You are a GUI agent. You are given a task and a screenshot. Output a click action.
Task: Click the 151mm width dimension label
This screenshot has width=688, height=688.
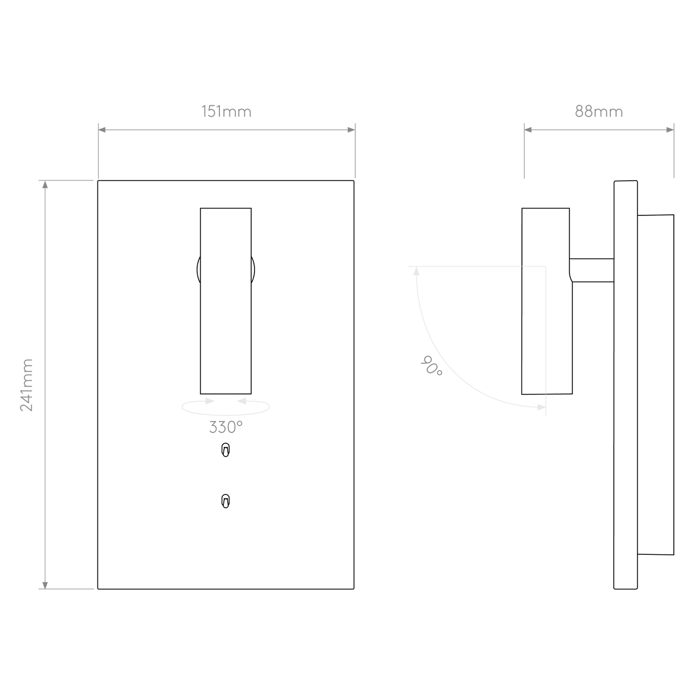click(x=226, y=112)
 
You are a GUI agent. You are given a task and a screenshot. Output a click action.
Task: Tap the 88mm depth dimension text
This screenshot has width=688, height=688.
click(x=599, y=112)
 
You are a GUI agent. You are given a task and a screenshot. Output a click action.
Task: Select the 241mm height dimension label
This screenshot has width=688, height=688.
click(x=27, y=385)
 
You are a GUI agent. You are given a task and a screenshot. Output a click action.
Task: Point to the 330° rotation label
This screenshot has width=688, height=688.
click(x=226, y=427)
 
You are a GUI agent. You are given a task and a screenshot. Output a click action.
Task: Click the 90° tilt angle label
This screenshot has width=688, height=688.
click(x=431, y=366)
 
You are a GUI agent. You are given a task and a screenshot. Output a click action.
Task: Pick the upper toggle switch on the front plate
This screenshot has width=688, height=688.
click(x=226, y=449)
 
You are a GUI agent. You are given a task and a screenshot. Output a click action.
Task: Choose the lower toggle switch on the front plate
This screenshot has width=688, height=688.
click(x=226, y=501)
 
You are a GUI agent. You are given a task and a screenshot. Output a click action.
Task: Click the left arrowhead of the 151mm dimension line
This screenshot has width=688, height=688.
click(x=102, y=130)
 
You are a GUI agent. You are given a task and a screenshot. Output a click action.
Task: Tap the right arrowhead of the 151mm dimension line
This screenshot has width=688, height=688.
click(x=351, y=130)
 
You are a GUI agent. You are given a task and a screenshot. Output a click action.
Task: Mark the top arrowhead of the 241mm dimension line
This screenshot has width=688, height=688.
click(x=45, y=184)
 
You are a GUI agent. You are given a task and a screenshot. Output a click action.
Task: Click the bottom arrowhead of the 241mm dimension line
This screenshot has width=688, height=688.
click(x=45, y=585)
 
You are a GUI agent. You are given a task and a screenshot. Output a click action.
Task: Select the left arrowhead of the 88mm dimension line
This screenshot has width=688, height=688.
click(x=528, y=130)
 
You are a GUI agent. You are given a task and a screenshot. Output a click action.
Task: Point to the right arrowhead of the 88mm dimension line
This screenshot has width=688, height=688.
click(x=670, y=130)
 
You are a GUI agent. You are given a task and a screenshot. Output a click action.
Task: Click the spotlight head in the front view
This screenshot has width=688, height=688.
click(x=226, y=301)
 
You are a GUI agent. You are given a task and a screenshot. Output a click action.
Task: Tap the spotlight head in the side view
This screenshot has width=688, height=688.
click(x=546, y=301)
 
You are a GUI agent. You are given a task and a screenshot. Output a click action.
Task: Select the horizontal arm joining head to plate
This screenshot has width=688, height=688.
click(x=592, y=270)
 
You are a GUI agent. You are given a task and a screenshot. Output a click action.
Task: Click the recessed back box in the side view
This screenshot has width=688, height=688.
click(x=656, y=385)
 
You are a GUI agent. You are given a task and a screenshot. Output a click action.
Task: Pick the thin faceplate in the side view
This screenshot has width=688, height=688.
click(x=626, y=385)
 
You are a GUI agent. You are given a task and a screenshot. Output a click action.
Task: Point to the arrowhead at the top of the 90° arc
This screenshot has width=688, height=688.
click(x=417, y=271)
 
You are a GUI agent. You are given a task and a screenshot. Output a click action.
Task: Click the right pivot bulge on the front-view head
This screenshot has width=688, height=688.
click(x=253, y=270)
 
